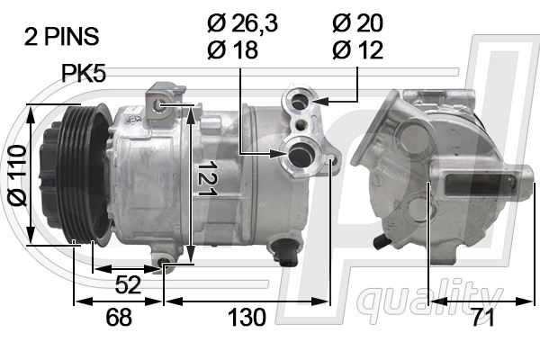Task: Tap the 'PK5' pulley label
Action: point(85,73)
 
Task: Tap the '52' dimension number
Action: point(129,286)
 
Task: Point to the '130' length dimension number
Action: point(246,317)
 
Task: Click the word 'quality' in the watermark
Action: point(430,296)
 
